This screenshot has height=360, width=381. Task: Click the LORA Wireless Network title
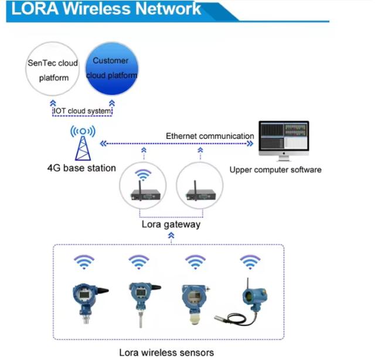pyautogui.click(x=106, y=9)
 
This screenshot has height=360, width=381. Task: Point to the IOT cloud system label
pyautogui.click(x=81, y=111)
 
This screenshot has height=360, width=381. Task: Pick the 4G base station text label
pyautogui.click(x=81, y=169)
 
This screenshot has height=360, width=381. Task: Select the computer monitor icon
pyautogui.click(x=284, y=139)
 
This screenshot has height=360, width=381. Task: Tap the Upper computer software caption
pyautogui.click(x=275, y=170)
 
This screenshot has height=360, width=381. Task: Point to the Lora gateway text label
pyautogui.click(x=171, y=224)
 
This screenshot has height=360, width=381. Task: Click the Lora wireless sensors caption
pyautogui.click(x=166, y=352)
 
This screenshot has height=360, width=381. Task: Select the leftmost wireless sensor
pyautogui.click(x=84, y=300)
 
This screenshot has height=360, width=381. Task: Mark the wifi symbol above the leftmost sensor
pyautogui.click(x=84, y=261)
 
